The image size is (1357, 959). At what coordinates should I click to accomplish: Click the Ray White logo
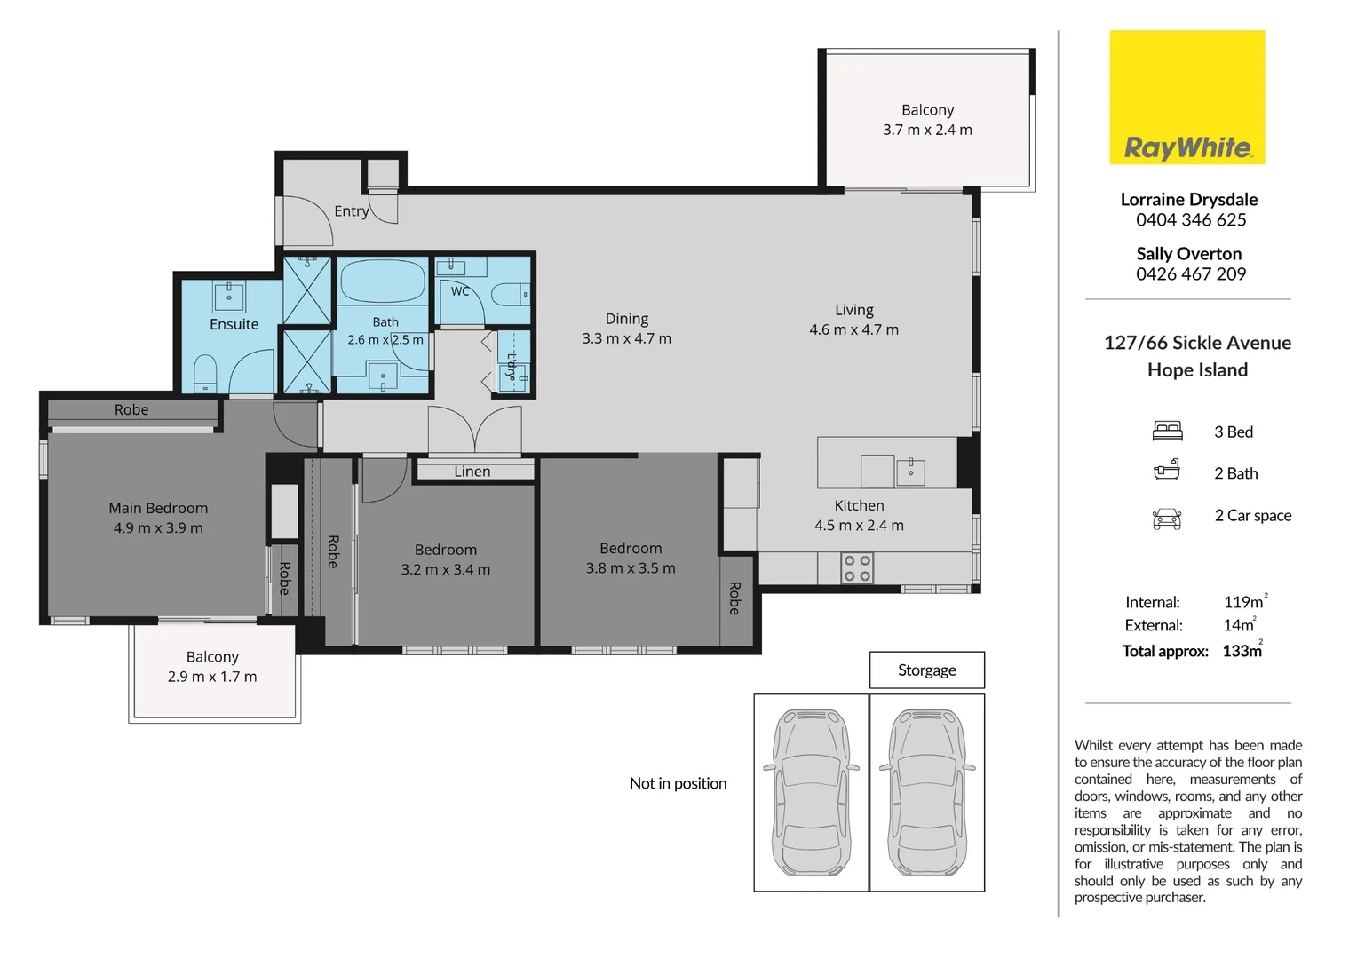pyautogui.click(x=1186, y=97)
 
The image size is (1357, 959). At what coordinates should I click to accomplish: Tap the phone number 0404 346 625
pyautogui.click(x=1190, y=220)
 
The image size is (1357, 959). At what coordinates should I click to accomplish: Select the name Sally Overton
pyautogui.click(x=1188, y=254)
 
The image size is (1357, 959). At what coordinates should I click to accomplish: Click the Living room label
pyautogui.click(x=854, y=310)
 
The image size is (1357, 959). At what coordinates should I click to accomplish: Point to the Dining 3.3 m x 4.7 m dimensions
pyautogui.click(x=626, y=338)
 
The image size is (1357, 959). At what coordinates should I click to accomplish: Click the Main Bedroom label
pyautogui.click(x=158, y=508)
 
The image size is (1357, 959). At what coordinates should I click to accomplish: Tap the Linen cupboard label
pyautogui.click(x=472, y=472)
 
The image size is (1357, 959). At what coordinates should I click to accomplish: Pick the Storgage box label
pyautogui.click(x=927, y=670)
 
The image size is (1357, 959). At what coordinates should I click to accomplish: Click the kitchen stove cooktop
pyautogui.click(x=857, y=568)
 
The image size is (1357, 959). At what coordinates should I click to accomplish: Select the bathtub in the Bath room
pyautogui.click(x=383, y=281)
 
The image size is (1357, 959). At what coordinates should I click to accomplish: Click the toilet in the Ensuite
pyautogui.click(x=206, y=373)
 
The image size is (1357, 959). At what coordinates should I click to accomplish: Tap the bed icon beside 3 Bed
pyautogui.click(x=1167, y=431)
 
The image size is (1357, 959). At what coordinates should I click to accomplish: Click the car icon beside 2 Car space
pyautogui.click(x=1167, y=519)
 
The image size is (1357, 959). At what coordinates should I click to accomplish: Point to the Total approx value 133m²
pyautogui.click(x=1243, y=650)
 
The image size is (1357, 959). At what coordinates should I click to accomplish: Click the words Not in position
pyautogui.click(x=678, y=783)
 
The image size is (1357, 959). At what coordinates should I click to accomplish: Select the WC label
pyautogui.click(x=460, y=291)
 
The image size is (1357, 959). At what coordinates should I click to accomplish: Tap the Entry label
pyautogui.click(x=352, y=211)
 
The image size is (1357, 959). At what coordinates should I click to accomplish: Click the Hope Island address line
pyautogui.click(x=1197, y=369)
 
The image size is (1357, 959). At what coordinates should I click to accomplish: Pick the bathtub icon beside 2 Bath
pyautogui.click(x=1167, y=470)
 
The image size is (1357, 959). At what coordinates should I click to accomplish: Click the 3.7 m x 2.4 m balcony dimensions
pyautogui.click(x=927, y=130)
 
